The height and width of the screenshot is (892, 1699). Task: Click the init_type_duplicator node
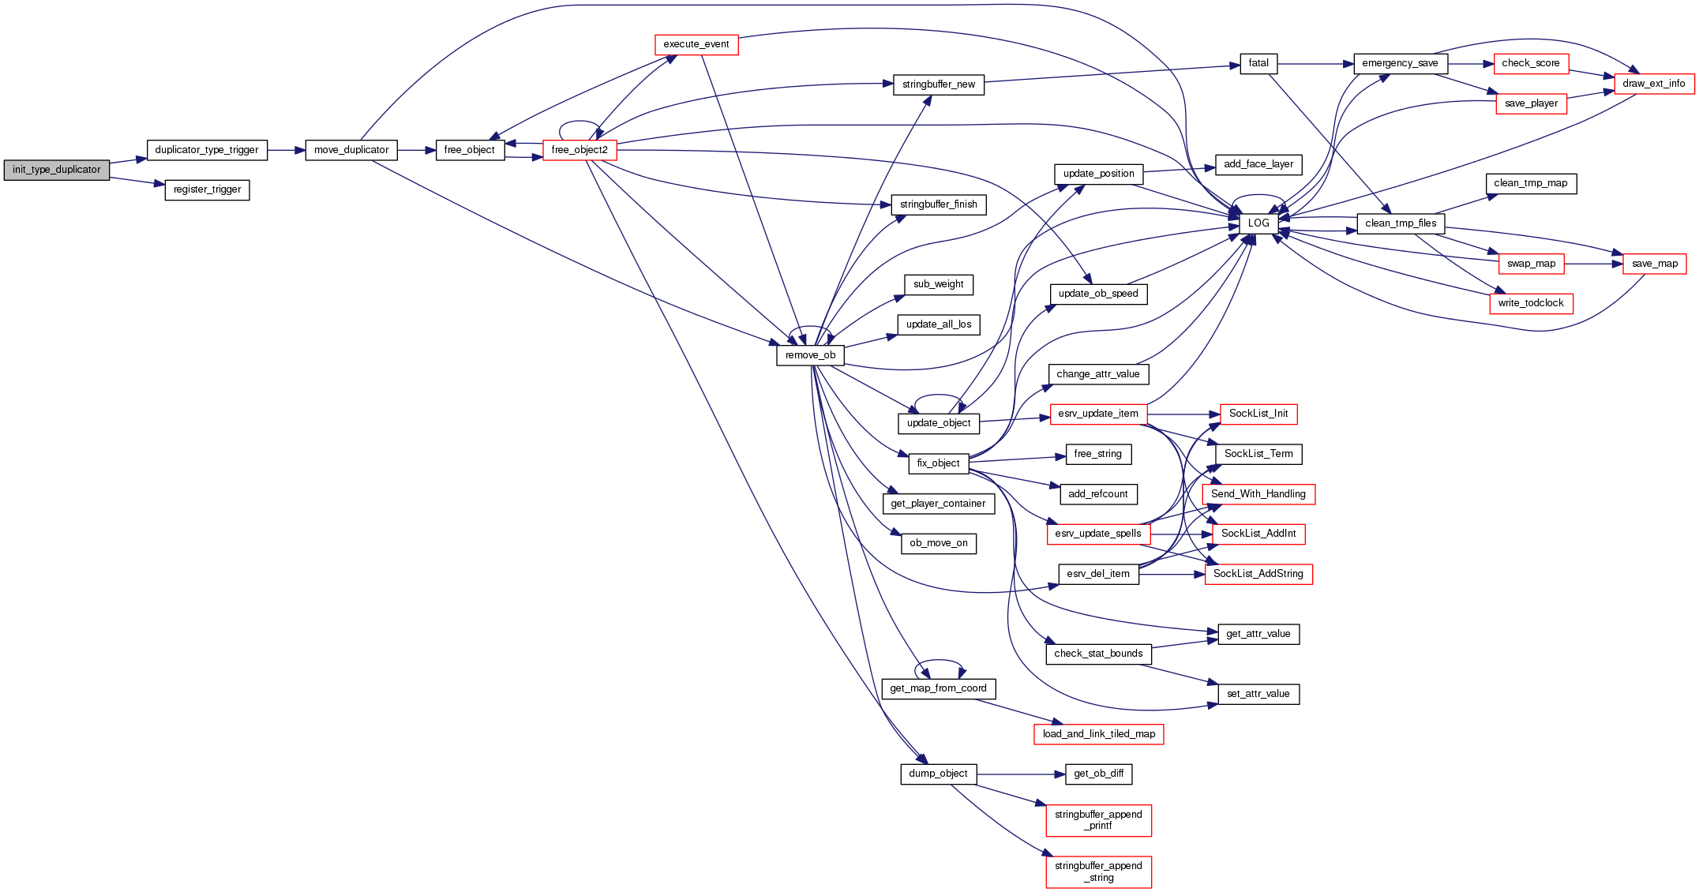tap(56, 170)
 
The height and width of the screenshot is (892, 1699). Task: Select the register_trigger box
tap(207, 190)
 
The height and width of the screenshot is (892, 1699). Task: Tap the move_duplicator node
tap(351, 150)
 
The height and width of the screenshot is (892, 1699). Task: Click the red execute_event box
tap(696, 45)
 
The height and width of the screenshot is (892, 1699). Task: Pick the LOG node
tap(1258, 223)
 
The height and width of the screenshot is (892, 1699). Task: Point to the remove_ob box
tap(810, 355)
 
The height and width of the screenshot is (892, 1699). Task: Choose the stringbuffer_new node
tap(938, 84)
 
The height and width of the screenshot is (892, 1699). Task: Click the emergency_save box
tap(1400, 64)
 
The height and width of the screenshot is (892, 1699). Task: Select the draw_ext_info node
tap(1654, 84)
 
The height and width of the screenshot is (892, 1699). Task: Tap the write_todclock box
tap(1531, 303)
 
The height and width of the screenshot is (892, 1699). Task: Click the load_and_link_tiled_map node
tap(1098, 734)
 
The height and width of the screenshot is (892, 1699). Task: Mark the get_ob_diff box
tap(1098, 774)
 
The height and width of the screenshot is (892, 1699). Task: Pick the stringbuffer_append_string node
tap(1098, 871)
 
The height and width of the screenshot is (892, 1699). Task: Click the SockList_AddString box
tap(1258, 574)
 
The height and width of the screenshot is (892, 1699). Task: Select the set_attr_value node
tap(1258, 695)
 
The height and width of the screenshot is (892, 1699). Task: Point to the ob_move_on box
tap(938, 544)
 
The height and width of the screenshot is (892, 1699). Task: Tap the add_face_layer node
tap(1258, 165)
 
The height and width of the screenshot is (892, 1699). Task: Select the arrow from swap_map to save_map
tap(1593, 264)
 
